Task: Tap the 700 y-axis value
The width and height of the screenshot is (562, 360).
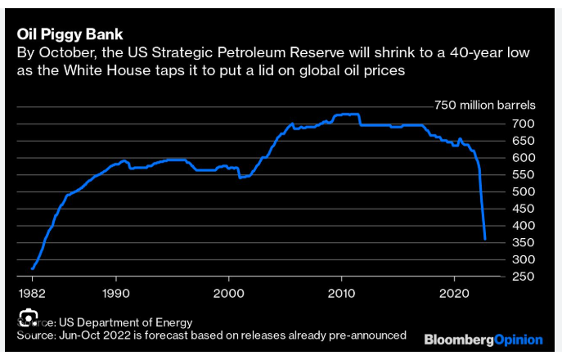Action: click(x=524, y=124)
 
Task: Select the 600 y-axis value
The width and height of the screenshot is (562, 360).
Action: click(x=524, y=157)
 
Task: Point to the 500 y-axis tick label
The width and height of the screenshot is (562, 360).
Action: click(x=524, y=191)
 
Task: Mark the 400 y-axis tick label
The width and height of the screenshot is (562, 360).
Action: click(x=524, y=225)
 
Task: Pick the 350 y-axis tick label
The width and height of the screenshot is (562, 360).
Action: click(x=524, y=242)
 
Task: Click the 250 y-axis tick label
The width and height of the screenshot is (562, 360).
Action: click(x=524, y=276)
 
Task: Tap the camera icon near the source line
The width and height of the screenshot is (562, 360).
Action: click(x=29, y=318)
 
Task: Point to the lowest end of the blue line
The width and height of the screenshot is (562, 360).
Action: click(x=486, y=239)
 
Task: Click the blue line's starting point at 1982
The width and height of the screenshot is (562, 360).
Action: click(x=32, y=268)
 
